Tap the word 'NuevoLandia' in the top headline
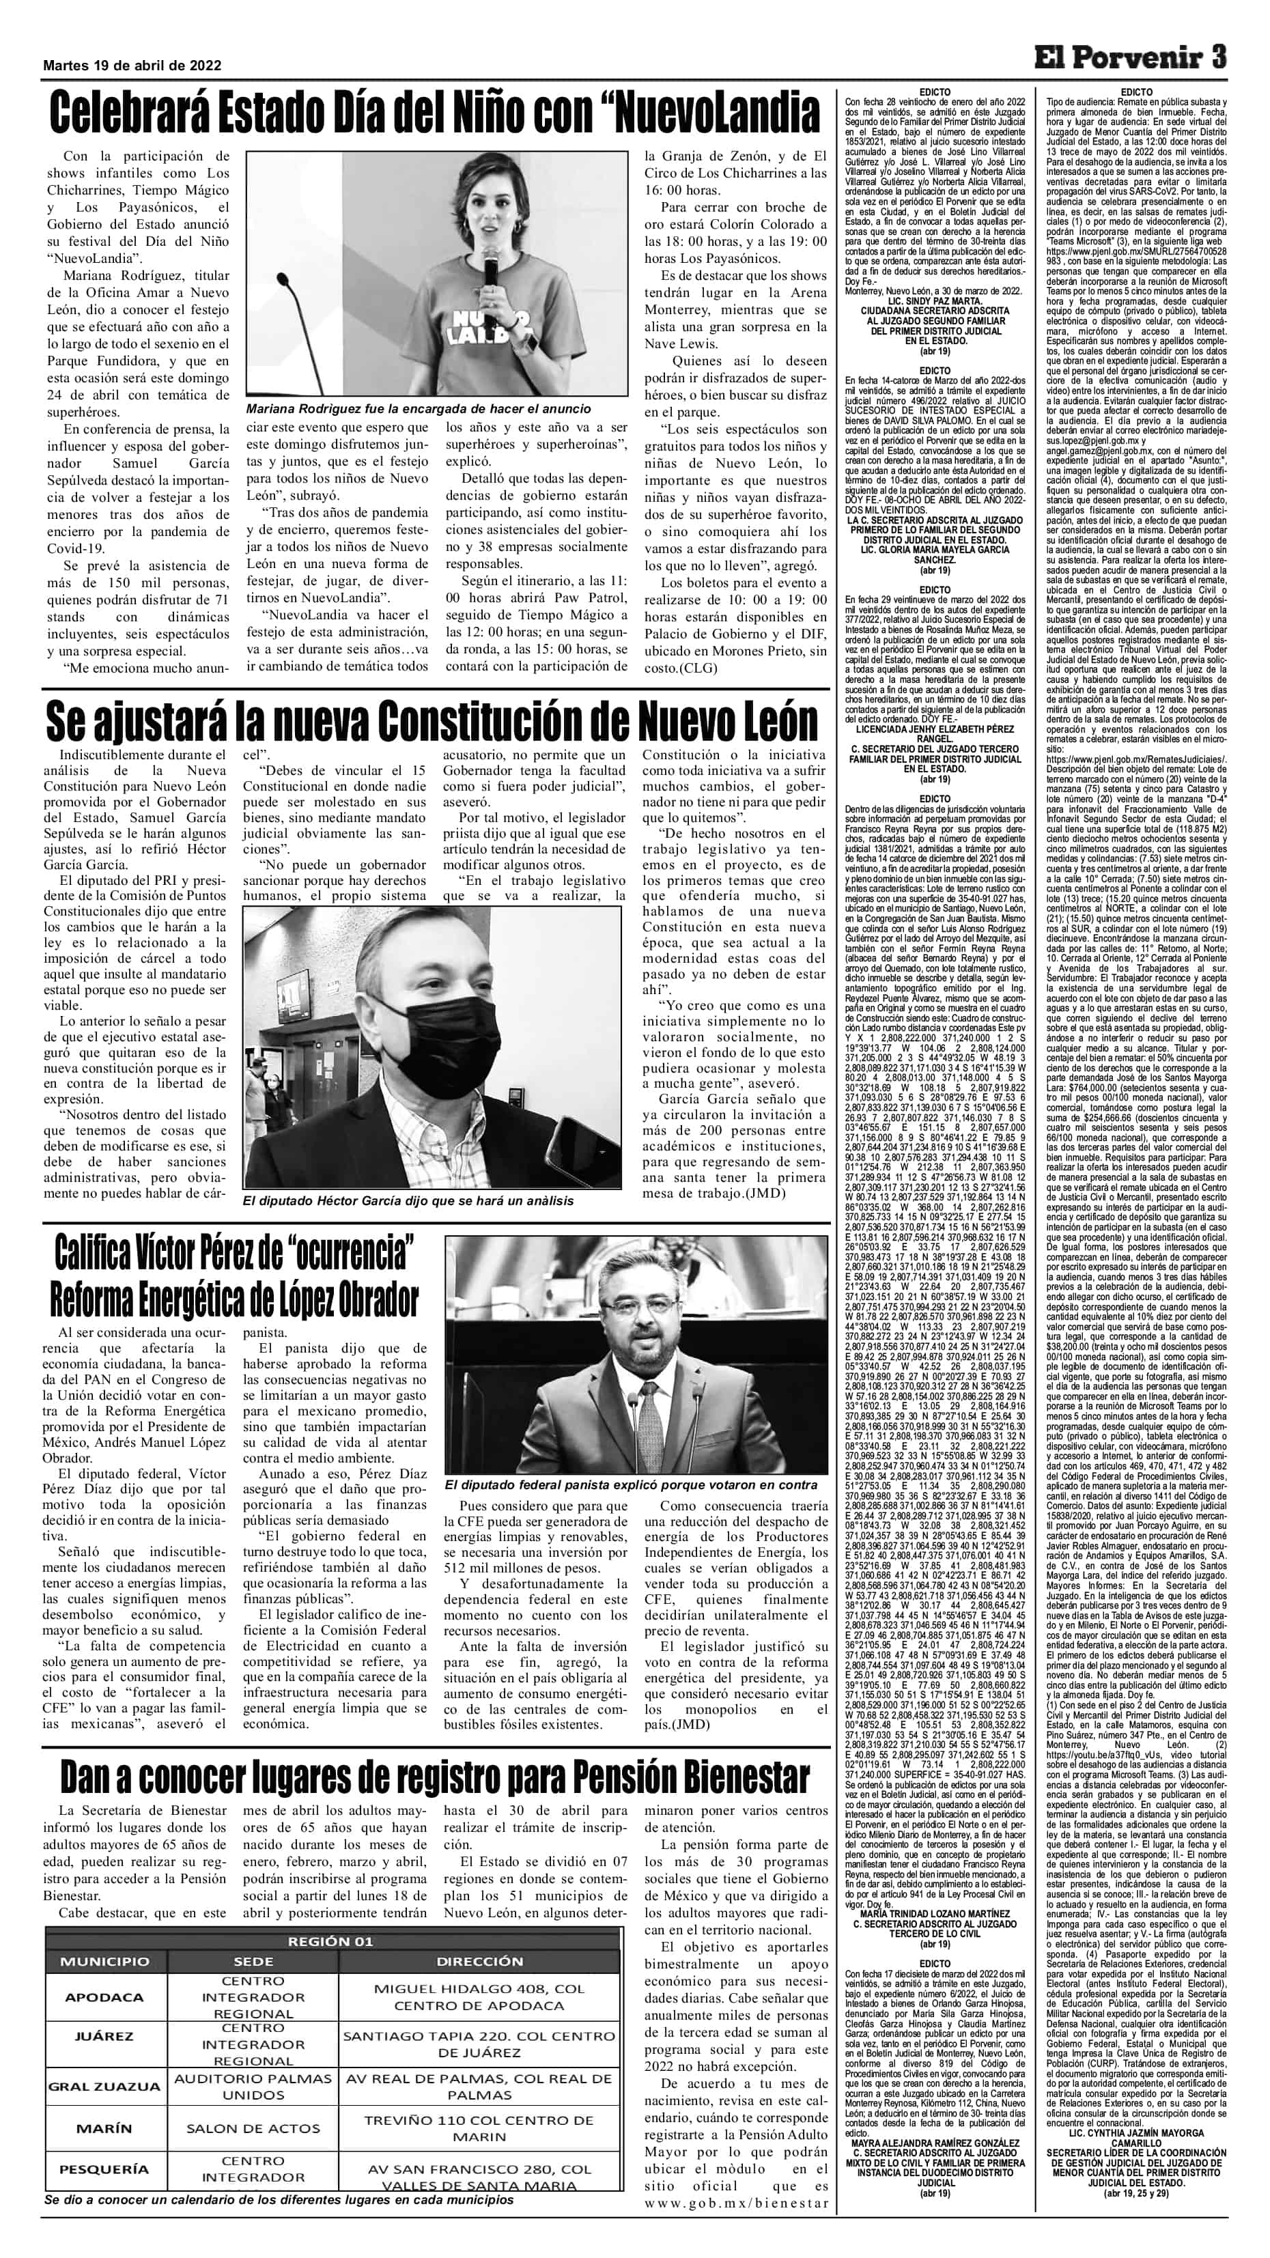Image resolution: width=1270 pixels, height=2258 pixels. click(x=714, y=113)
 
